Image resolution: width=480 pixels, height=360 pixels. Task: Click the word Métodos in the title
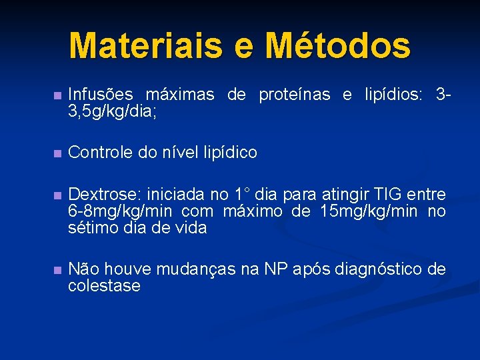pyautogui.click(x=338, y=45)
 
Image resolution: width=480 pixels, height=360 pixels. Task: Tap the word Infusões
pyautogui.click(x=100, y=95)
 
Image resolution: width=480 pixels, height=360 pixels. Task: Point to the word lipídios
pyautogui.click(x=393, y=95)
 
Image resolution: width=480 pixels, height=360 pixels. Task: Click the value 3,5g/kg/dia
pyautogui.click(x=113, y=111)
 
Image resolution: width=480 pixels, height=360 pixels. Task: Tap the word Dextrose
pyautogui.click(x=103, y=195)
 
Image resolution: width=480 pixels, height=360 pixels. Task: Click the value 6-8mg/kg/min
pyautogui.click(x=117, y=211)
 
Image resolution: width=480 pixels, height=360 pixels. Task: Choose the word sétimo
pyautogui.click(x=91, y=228)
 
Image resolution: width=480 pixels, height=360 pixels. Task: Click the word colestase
pyautogui.click(x=104, y=286)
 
